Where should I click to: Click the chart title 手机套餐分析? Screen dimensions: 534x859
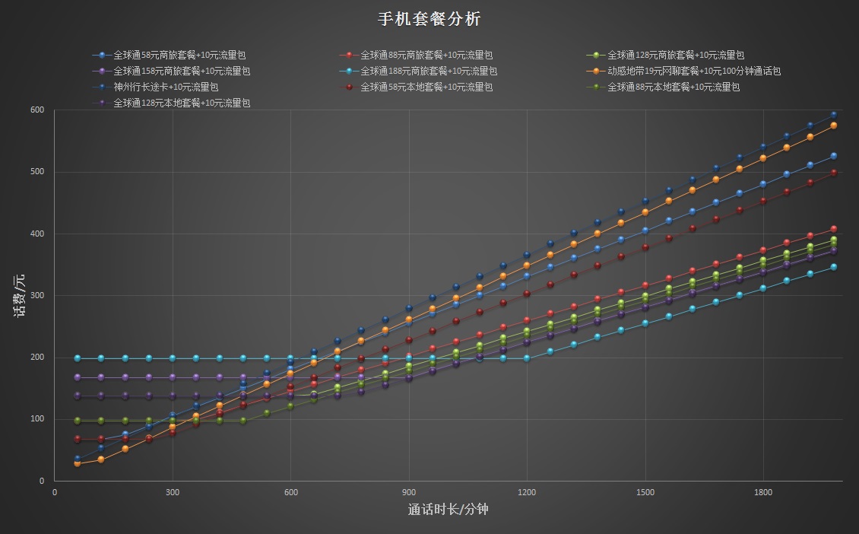[x=429, y=19]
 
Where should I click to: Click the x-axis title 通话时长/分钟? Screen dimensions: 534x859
[x=448, y=509]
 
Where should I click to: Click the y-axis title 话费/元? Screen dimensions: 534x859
[x=21, y=294]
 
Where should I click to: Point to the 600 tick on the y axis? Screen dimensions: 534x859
[x=37, y=110]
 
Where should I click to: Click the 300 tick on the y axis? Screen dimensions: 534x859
[x=37, y=295]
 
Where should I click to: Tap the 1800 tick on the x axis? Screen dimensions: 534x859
[x=762, y=492]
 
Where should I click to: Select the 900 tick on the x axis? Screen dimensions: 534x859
[x=409, y=492]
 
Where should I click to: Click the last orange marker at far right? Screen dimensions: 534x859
[x=833, y=126]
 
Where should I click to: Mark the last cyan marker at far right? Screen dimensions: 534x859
[x=833, y=267]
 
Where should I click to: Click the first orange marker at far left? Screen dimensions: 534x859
[x=78, y=462]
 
